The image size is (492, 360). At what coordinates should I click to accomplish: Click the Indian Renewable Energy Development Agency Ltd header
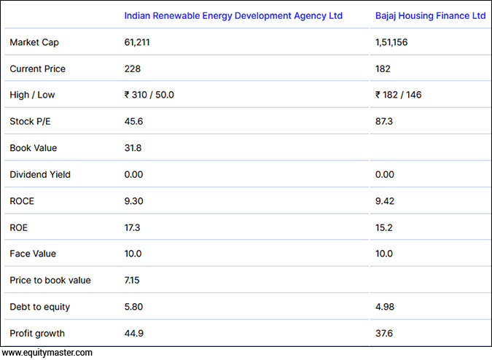pos(233,15)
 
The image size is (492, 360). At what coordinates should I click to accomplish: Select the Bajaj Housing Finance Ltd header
pos(430,15)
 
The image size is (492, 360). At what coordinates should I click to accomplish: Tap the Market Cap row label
pos(34,42)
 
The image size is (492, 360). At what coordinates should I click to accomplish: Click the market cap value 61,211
pos(137,42)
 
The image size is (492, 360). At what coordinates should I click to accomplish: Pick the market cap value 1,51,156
pos(391,42)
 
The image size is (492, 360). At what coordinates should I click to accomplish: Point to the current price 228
pos(132,69)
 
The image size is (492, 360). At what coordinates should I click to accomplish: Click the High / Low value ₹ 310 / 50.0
pos(149,95)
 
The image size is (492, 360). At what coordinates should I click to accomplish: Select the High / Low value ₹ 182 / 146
pos(398,95)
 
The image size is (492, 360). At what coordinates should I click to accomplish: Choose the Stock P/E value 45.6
pos(133,121)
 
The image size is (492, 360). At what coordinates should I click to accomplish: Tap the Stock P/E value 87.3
pos(384,121)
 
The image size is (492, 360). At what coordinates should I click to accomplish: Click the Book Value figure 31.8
pos(133,148)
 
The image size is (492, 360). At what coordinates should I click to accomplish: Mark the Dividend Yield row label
pos(40,174)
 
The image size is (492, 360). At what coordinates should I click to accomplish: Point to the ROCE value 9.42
pos(384,201)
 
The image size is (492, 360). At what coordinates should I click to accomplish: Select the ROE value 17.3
pos(133,227)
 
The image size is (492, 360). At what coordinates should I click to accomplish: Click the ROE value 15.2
pos(384,227)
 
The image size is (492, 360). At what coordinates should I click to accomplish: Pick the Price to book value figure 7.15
pos(133,281)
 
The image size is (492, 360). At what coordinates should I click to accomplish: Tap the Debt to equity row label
pos(39,307)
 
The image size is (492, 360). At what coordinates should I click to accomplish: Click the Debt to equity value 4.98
pos(384,307)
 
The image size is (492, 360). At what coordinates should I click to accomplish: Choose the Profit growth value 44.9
pos(133,333)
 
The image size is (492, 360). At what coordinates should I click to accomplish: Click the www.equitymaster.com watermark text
pos(47,353)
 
